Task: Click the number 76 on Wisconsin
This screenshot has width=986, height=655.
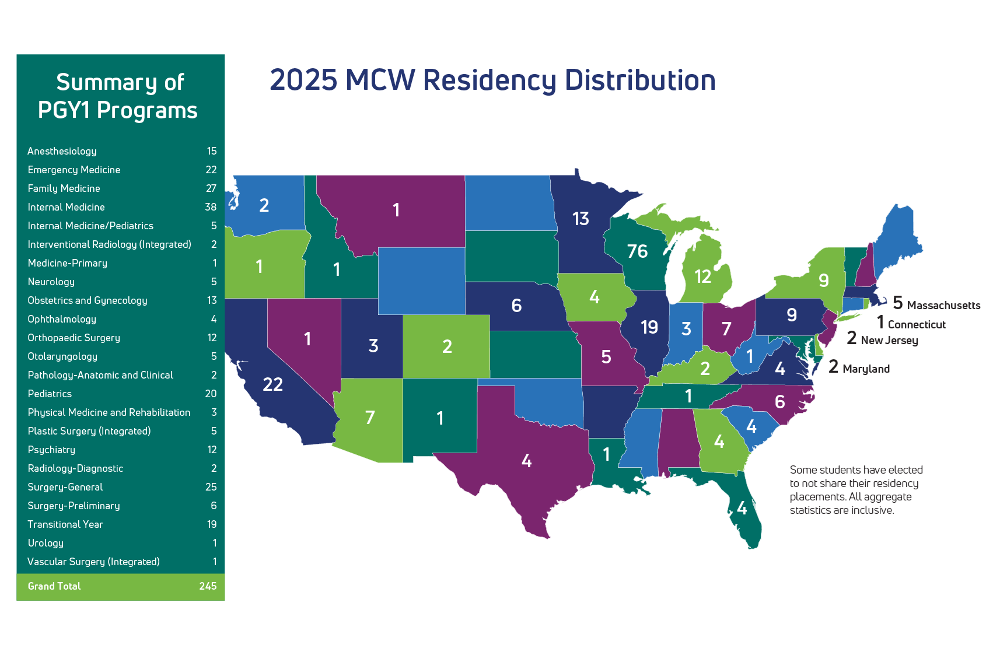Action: pyautogui.click(x=637, y=251)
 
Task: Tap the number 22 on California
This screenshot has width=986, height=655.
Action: pyautogui.click(x=272, y=384)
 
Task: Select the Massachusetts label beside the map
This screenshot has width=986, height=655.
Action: pyautogui.click(x=943, y=305)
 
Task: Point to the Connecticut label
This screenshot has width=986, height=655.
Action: pyautogui.click(x=917, y=324)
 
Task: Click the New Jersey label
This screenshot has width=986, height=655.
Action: pyautogui.click(x=889, y=340)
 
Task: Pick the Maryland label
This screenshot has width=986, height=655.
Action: pyautogui.click(x=866, y=369)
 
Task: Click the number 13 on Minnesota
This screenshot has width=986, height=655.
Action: pyautogui.click(x=581, y=219)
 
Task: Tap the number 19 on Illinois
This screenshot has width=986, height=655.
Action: pyautogui.click(x=649, y=327)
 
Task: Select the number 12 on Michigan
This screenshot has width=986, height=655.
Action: pyautogui.click(x=702, y=276)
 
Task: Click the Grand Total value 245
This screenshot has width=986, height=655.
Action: pyautogui.click(x=208, y=586)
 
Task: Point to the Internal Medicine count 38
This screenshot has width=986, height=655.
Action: pyautogui.click(x=211, y=207)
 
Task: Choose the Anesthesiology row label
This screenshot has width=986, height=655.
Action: pyautogui.click(x=62, y=151)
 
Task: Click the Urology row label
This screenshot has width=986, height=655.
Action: pyautogui.click(x=46, y=543)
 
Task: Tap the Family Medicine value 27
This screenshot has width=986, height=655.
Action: pyautogui.click(x=211, y=188)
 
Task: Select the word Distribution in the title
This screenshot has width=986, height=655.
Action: pyautogui.click(x=640, y=80)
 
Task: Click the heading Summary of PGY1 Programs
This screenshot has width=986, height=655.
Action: pyautogui.click(x=120, y=96)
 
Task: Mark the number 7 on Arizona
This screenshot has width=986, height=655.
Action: pyautogui.click(x=370, y=418)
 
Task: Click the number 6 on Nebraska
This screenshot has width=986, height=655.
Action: pyautogui.click(x=516, y=306)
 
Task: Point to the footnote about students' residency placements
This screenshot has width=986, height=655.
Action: pyautogui.click(x=856, y=489)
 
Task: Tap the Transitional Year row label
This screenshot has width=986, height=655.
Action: pyautogui.click(x=65, y=524)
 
